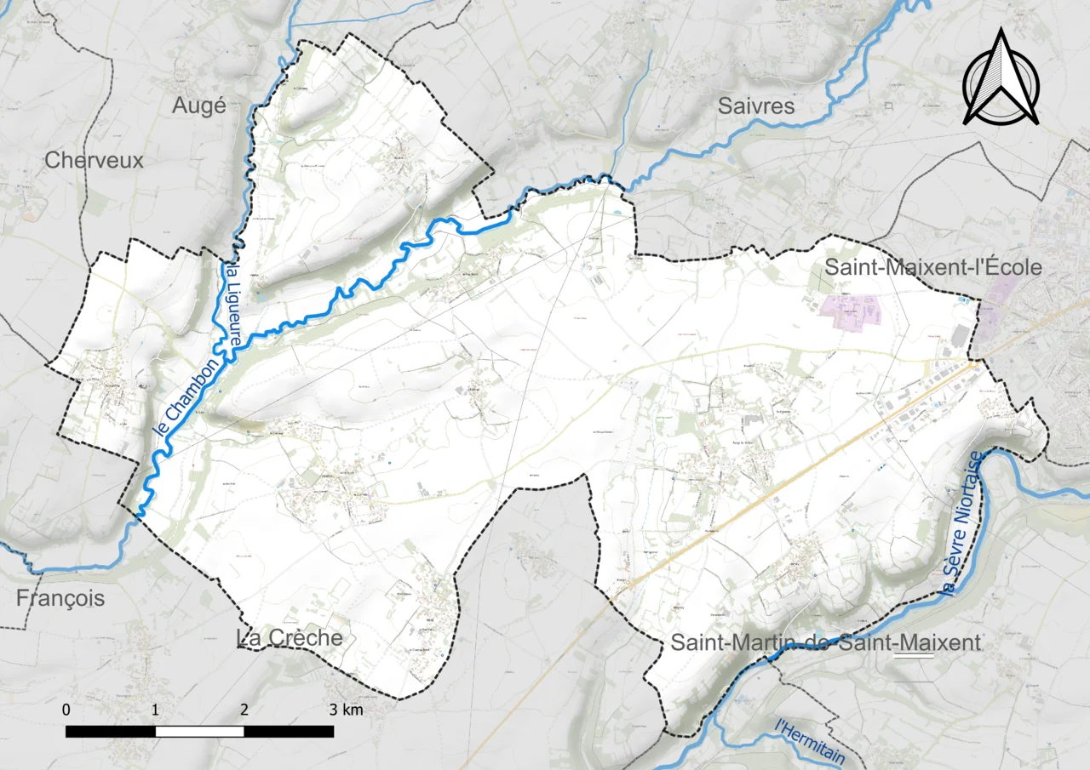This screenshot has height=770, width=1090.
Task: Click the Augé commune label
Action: click(x=199, y=106)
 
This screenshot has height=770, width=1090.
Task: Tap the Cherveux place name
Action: click(x=94, y=160)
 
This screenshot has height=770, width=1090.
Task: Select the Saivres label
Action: click(x=756, y=106)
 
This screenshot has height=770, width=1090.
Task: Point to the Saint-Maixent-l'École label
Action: click(x=932, y=267)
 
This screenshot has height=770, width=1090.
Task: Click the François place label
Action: click(x=60, y=598)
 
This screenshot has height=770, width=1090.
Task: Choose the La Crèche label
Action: click(x=288, y=638)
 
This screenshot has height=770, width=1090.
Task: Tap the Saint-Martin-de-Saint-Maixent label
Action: click(x=825, y=642)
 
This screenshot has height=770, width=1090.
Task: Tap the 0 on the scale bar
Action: click(x=66, y=710)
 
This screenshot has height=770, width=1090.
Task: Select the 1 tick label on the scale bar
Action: click(x=155, y=710)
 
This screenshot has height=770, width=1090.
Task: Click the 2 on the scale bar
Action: click(x=244, y=710)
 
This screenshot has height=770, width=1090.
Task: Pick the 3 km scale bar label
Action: click(x=346, y=710)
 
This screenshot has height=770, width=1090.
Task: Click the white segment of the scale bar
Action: click(x=199, y=731)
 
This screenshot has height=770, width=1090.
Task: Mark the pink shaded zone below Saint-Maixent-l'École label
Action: click(x=848, y=310)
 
